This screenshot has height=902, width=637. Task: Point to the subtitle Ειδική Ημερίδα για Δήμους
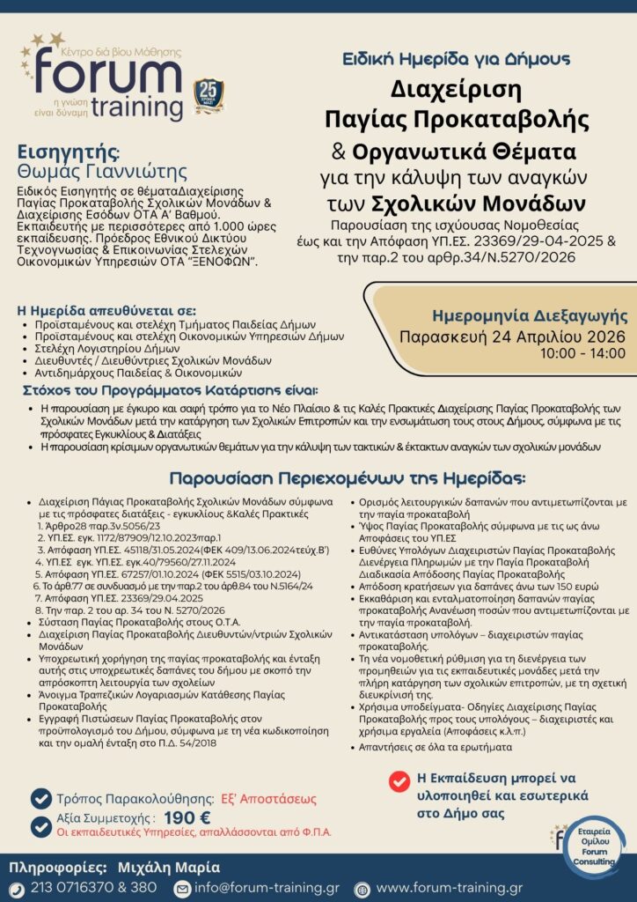[456, 59]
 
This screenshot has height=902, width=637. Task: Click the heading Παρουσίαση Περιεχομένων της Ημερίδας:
[347, 478]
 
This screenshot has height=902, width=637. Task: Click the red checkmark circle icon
[399, 780]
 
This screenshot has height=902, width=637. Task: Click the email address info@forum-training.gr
[267, 888]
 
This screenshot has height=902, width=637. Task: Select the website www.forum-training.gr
[449, 888]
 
